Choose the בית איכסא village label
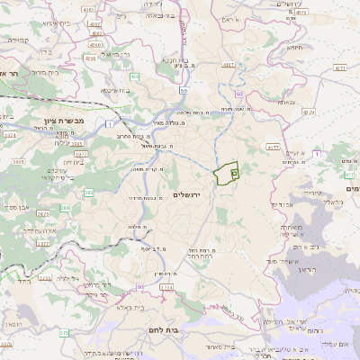click(116, 90)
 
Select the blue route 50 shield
click(184, 90)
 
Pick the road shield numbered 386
click(88, 192)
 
